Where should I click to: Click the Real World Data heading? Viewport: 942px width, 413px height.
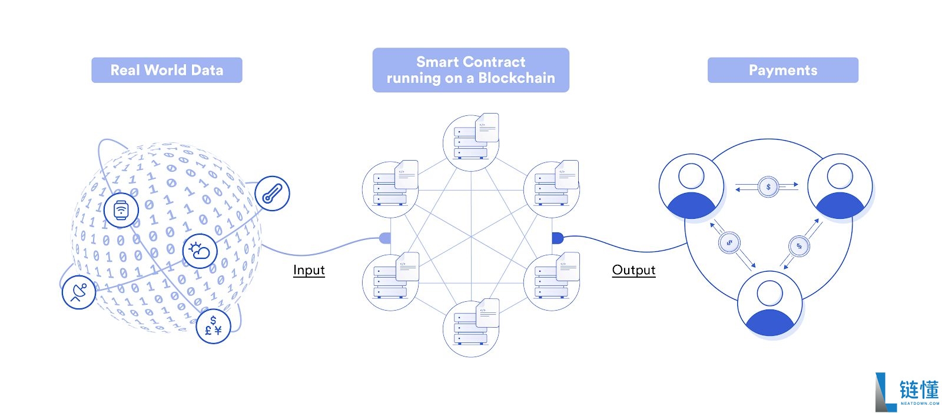tap(167, 70)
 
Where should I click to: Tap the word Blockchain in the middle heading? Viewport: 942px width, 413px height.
tap(516, 78)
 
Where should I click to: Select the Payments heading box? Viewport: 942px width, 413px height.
tap(782, 70)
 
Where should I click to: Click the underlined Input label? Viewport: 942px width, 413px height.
tap(309, 270)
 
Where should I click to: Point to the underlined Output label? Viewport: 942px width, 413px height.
tap(633, 270)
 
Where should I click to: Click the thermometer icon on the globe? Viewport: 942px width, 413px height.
tap(272, 194)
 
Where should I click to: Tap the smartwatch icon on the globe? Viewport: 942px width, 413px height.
tap(121, 209)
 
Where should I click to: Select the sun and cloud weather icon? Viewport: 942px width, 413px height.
tap(200, 251)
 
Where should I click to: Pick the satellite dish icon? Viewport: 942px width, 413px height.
tap(79, 292)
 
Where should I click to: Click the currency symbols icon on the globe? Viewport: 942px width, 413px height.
tap(213, 326)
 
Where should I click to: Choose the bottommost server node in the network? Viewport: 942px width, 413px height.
tap(471, 328)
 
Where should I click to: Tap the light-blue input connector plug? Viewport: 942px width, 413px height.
tap(384, 238)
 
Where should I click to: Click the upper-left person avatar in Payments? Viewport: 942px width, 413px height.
tap(691, 186)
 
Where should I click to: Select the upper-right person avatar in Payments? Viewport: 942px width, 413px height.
tap(840, 186)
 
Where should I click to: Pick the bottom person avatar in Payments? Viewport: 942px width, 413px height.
tap(769, 303)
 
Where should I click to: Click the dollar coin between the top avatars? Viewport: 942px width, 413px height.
tap(768, 187)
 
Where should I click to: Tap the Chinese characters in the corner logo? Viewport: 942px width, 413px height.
tap(919, 389)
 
